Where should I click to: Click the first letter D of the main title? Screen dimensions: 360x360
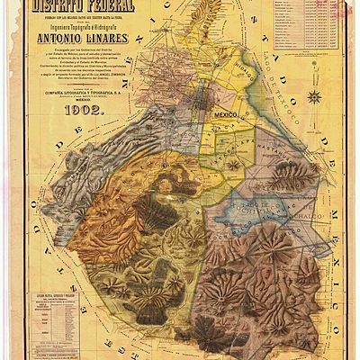tap(37, 8)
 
